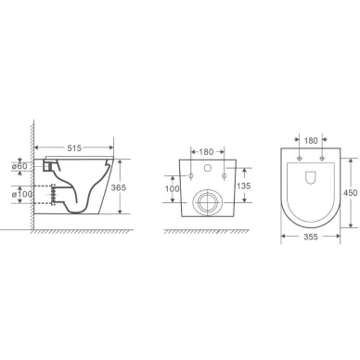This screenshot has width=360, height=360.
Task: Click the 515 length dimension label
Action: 74,148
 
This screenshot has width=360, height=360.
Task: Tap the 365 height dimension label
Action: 119,187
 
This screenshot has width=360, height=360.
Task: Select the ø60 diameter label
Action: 19,166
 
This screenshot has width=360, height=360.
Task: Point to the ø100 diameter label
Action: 22,194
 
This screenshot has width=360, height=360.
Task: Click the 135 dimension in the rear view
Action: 244,186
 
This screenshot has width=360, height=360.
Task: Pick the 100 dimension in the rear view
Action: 172,188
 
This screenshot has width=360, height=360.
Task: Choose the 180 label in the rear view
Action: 206,152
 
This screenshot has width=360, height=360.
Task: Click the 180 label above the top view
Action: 311,141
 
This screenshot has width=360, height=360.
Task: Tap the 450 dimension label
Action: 351,193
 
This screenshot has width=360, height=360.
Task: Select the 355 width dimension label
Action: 311,237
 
